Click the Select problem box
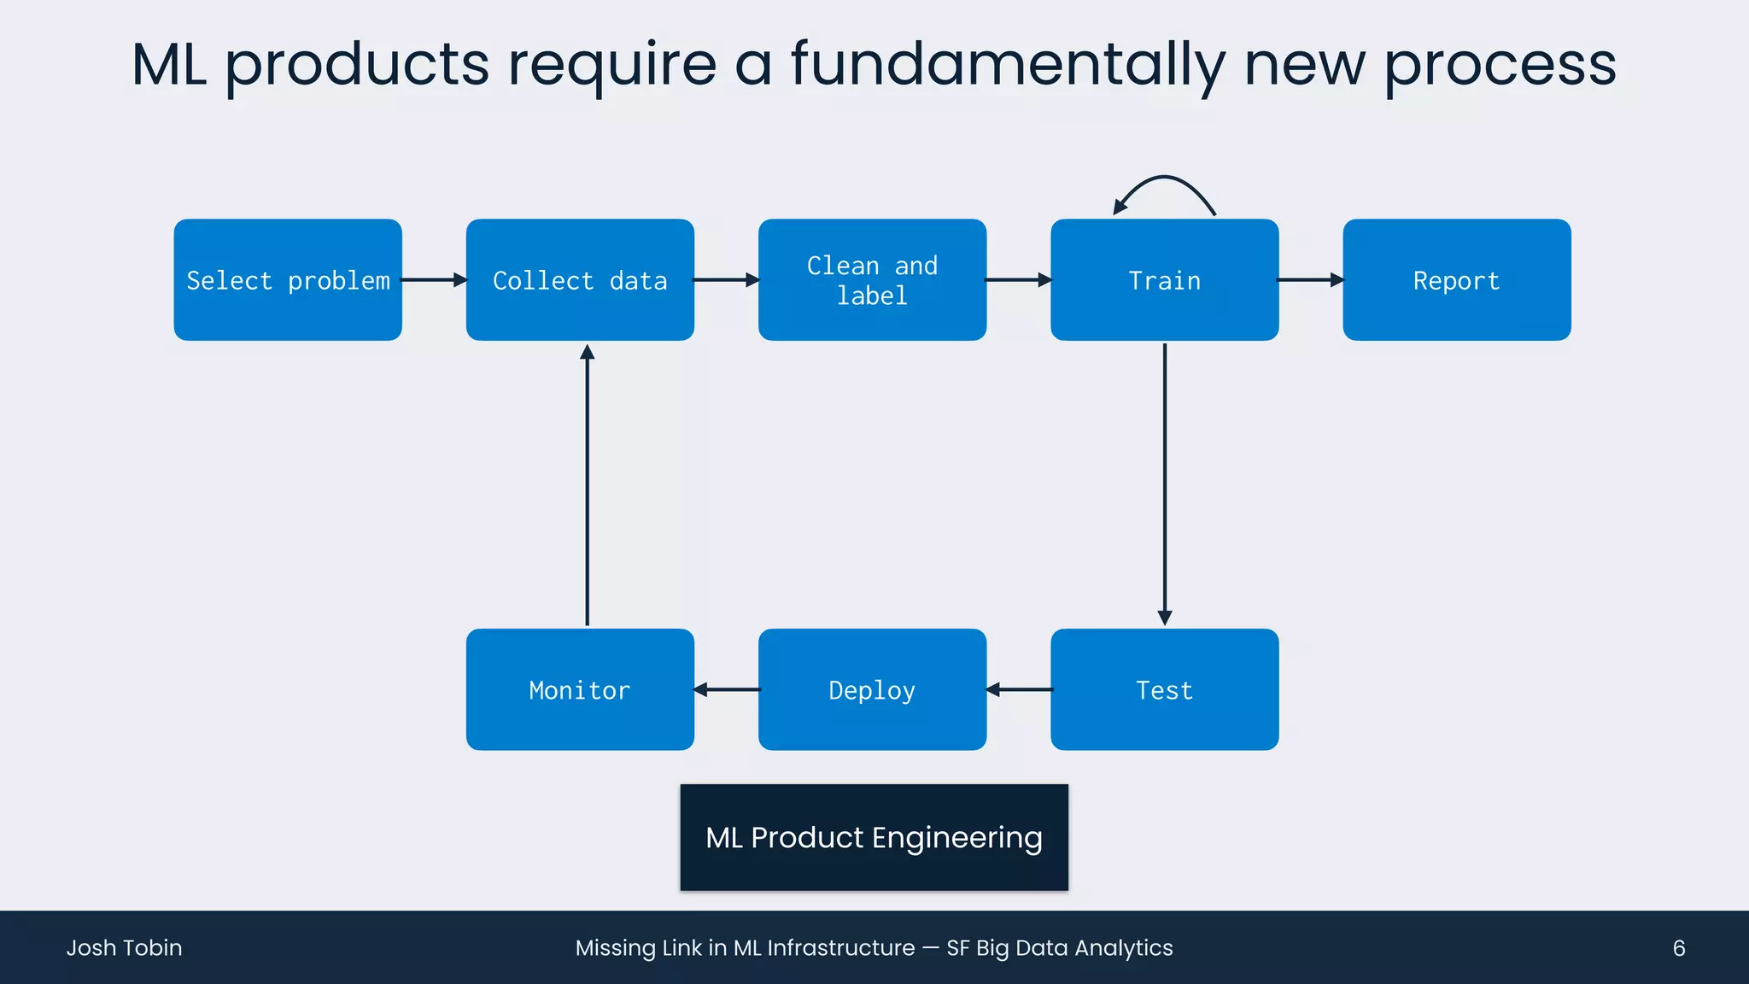[288, 280]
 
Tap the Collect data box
[580, 280]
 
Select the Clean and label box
[872, 280]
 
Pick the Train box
[1164, 280]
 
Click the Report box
[1456, 280]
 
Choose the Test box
[1164, 689]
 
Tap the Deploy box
[872, 689]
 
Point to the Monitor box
[580, 689]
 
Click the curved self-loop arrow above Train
[1166, 179]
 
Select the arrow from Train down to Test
[1165, 483]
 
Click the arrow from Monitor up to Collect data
[587, 483]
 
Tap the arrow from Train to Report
[1310, 280]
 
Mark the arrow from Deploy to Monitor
[727, 689]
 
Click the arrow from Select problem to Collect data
[434, 280]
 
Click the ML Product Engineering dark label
[874, 837]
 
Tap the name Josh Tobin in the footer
[125, 947]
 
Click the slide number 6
[1678, 947]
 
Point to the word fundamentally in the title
[1008, 65]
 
